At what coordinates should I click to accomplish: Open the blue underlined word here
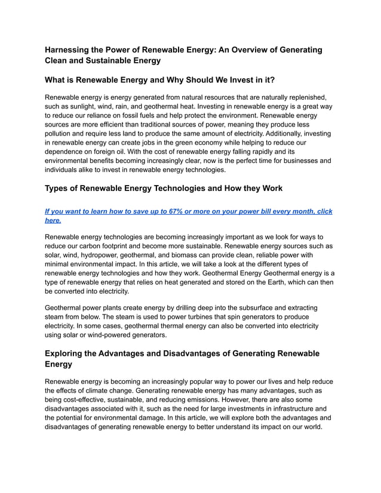pos(53,220)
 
